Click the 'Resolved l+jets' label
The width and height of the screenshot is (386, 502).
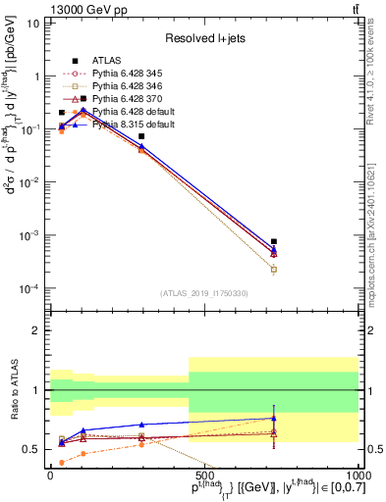pos(203,37)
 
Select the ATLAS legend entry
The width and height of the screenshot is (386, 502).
pos(106,60)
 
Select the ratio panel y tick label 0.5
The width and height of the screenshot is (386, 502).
pos(33,449)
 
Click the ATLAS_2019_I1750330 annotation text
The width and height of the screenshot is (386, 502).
pos(203,293)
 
